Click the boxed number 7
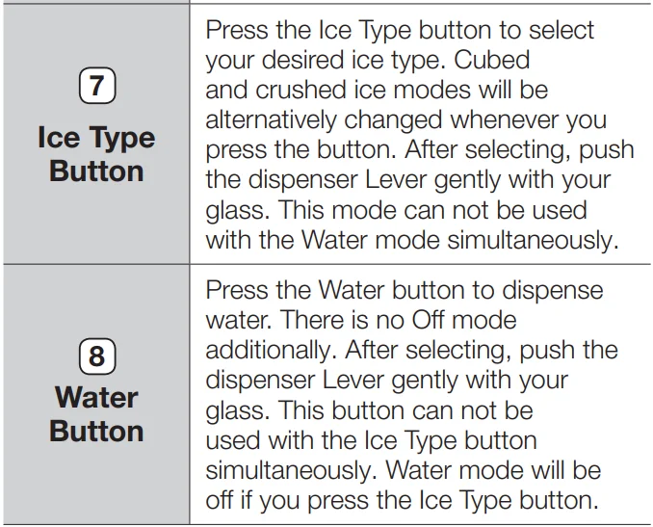tap(97, 86)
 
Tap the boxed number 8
tap(97, 356)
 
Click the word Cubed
tap(491, 60)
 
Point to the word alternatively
tap(271, 120)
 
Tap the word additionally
tap(271, 350)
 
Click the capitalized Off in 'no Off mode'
tap(429, 320)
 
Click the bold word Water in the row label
tap(96, 398)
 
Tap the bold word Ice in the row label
tap(59, 138)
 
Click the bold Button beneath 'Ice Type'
tap(96, 171)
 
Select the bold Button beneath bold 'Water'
tap(96, 431)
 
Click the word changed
tap(393, 120)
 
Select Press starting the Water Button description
tap(237, 290)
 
